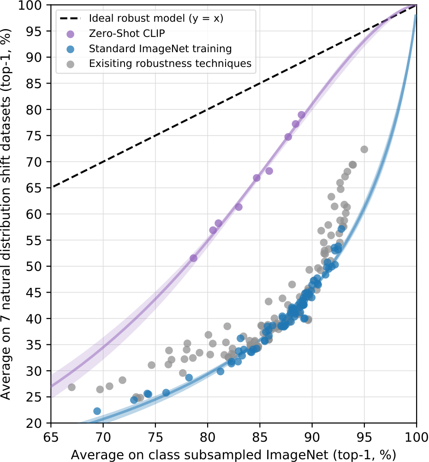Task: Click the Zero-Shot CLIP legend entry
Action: (x=127, y=34)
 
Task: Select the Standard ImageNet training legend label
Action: (x=161, y=48)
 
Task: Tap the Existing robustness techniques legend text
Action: (x=171, y=64)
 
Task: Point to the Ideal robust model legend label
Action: (x=156, y=18)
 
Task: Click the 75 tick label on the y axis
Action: (x=34, y=136)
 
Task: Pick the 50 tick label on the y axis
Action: (x=34, y=266)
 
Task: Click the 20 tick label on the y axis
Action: (x=34, y=423)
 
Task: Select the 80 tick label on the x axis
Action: (x=208, y=438)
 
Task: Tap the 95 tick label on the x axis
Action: (x=364, y=438)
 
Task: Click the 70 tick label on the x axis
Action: (x=103, y=438)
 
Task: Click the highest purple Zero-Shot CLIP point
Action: (x=302, y=115)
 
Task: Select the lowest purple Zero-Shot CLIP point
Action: (x=193, y=258)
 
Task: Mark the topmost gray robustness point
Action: (x=364, y=150)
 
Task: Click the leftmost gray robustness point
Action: (x=71, y=387)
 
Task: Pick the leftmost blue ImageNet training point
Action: (x=97, y=411)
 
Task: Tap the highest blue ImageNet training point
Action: (x=341, y=229)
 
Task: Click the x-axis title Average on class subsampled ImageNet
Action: (x=233, y=455)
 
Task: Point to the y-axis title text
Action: (x=6, y=214)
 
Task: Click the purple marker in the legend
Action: (x=71, y=34)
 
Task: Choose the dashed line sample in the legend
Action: (x=70, y=18)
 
